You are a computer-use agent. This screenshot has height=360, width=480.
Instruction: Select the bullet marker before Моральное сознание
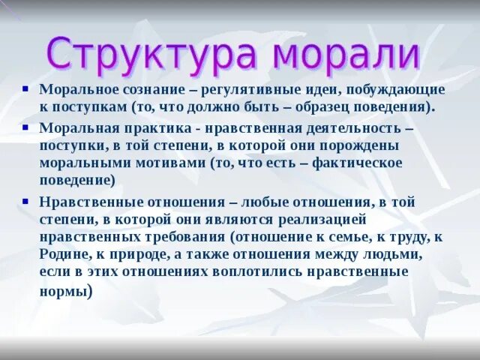[x=26, y=88]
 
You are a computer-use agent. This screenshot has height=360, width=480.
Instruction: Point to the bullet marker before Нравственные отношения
[x=26, y=200]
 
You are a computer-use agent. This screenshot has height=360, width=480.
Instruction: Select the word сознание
[x=143, y=90]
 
